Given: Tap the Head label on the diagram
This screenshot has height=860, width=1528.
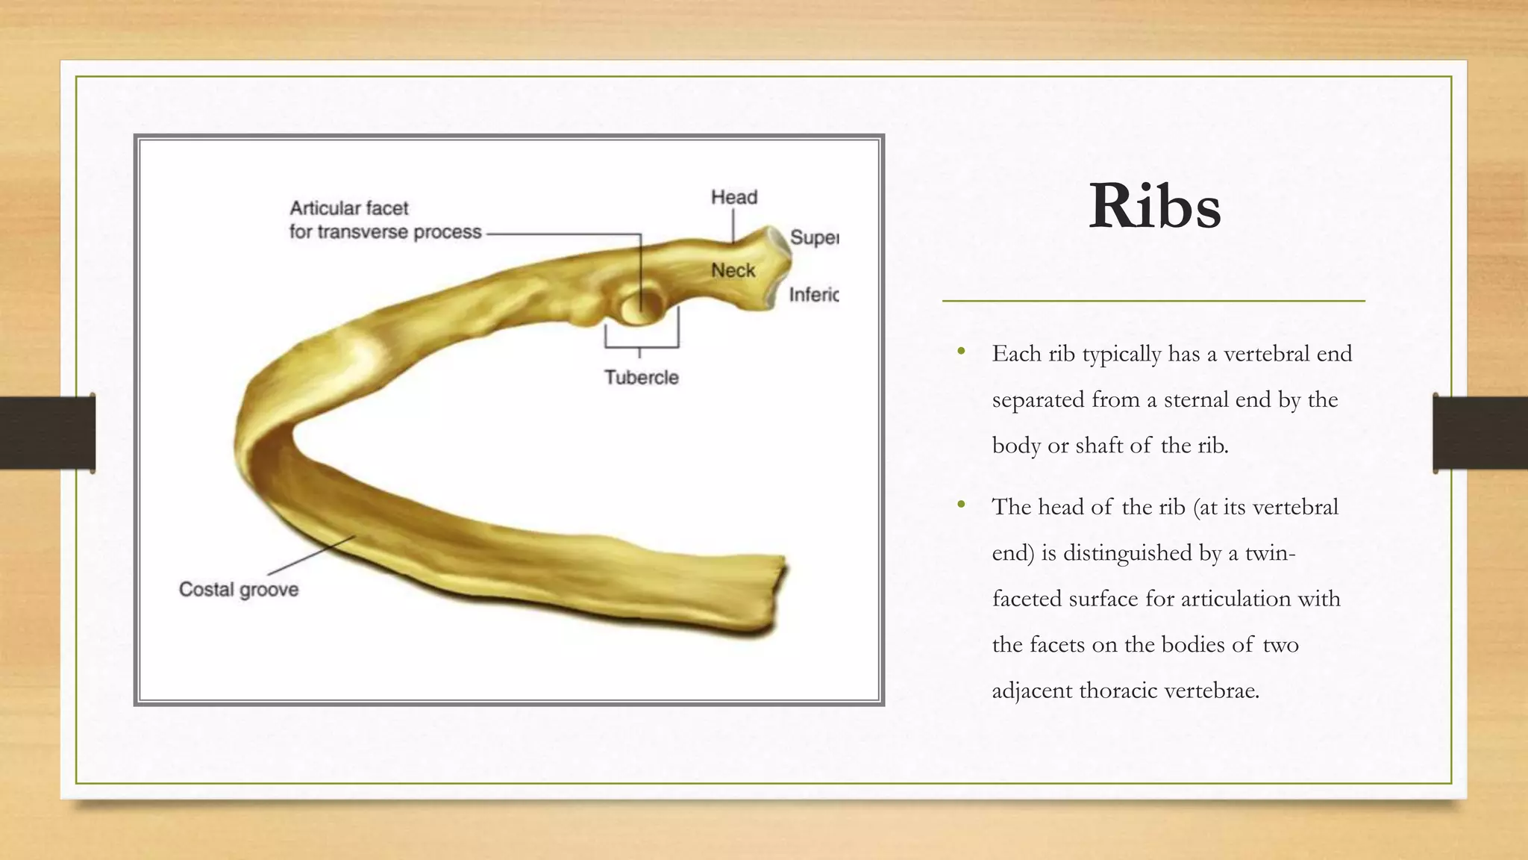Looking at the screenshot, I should (734, 197).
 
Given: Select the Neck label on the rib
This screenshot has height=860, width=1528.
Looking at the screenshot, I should (733, 270).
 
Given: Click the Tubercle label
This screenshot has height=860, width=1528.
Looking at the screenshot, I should (642, 378).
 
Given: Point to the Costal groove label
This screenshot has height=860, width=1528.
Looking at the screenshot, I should (239, 590).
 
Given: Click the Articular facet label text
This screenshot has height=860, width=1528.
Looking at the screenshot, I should (348, 208).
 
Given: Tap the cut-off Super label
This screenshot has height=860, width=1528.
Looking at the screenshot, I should (814, 237).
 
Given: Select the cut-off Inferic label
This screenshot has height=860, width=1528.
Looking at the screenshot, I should (814, 295).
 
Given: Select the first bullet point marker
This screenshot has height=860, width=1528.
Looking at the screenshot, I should (962, 352).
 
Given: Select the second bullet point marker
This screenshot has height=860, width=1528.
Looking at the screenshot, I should (962, 505).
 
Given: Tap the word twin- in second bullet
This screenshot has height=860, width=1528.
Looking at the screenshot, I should (1270, 553).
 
